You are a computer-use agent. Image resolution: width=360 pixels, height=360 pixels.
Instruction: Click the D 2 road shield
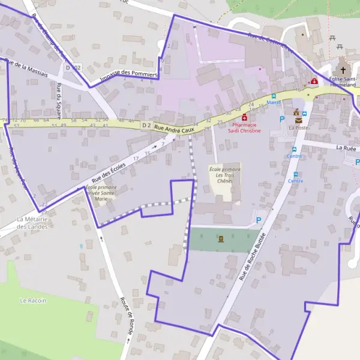pyautogui.click(x=146, y=125)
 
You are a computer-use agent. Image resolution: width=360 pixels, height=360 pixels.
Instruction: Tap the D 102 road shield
pyautogui.click(x=73, y=68)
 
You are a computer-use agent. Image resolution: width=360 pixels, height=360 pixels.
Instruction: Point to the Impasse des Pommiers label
pyautogui.click(x=128, y=76)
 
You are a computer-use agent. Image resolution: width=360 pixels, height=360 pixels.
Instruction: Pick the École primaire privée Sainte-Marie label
pyautogui.click(x=100, y=193)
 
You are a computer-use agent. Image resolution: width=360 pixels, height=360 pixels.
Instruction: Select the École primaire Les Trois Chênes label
pyautogui.click(x=224, y=175)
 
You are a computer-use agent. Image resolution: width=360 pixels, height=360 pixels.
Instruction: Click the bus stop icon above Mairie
pyautogui.click(x=274, y=95)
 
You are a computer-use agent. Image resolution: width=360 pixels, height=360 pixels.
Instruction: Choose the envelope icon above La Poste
pyautogui.click(x=298, y=120)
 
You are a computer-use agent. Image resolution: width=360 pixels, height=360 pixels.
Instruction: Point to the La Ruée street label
pyautogui.click(x=347, y=147)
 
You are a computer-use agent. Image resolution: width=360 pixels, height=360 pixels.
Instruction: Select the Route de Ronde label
pyautogui.click(x=126, y=316)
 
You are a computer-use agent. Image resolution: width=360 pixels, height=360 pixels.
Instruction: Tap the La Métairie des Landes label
pyautogui.click(x=32, y=222)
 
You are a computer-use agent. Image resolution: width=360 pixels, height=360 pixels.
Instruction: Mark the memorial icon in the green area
pyautogui.click(x=221, y=239)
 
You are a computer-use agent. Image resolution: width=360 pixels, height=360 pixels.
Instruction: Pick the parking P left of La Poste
pyautogui.click(x=282, y=119)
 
